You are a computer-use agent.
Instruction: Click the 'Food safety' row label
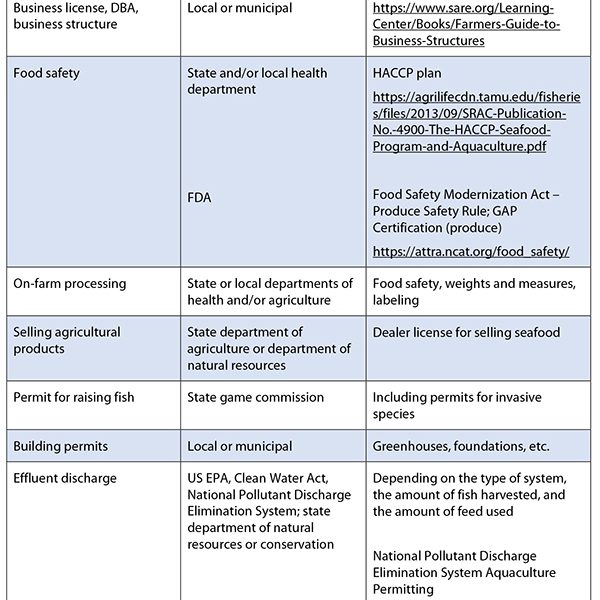point(47,73)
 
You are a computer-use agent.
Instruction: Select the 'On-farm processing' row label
point(70,283)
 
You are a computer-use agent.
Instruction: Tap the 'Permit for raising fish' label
point(74,397)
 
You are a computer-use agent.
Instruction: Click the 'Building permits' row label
point(61,446)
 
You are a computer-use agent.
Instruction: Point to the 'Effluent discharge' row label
point(65,478)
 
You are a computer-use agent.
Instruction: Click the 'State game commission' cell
point(256,397)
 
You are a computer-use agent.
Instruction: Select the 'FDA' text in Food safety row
point(199,198)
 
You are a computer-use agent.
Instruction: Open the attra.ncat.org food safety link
point(471,252)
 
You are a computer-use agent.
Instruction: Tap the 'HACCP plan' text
point(407,73)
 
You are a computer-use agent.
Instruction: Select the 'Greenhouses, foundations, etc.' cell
point(461,446)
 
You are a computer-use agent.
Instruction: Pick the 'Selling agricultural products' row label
point(67,340)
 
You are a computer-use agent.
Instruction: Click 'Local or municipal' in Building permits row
point(240,446)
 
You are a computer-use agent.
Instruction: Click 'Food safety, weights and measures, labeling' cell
point(474,291)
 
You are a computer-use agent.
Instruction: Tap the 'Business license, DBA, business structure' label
point(75,16)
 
